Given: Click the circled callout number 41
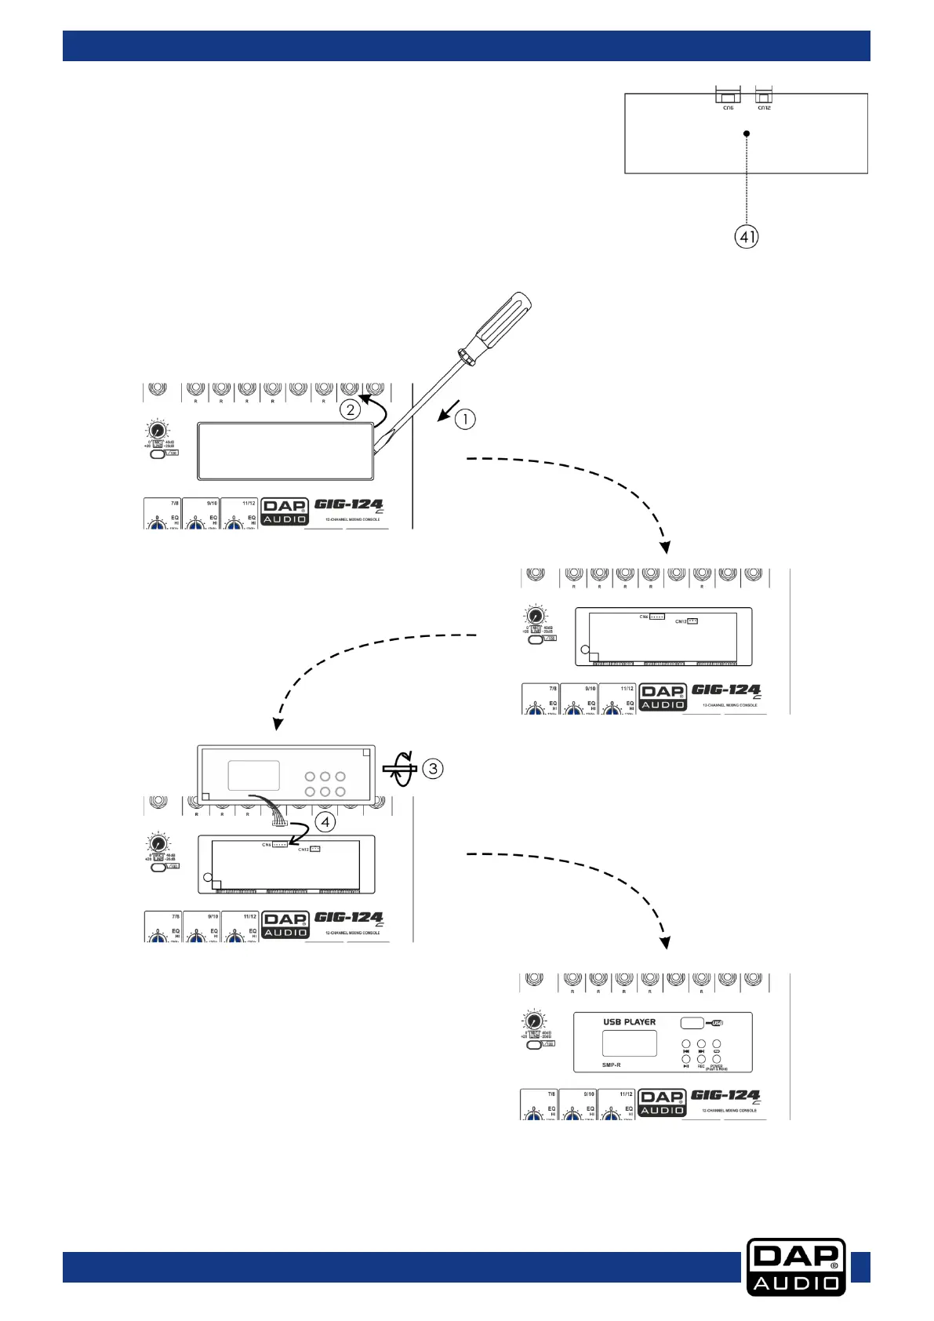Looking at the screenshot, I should (x=747, y=236).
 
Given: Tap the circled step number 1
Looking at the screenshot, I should (x=465, y=419).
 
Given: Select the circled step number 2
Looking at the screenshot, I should (x=350, y=409).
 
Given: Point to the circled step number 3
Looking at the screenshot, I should (x=433, y=768).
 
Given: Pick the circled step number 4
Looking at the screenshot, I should (x=325, y=822).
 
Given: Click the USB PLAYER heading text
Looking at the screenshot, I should (x=629, y=1022).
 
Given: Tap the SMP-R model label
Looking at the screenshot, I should (x=612, y=1064).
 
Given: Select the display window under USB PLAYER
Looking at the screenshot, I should (x=629, y=1043).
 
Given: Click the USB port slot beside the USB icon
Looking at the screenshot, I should (x=692, y=1023).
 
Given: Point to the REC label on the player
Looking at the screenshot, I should (x=701, y=1066).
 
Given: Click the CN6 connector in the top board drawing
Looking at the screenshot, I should (x=728, y=97).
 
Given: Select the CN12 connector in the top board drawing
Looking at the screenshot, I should (x=764, y=96).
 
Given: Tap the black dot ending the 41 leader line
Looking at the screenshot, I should (x=747, y=133).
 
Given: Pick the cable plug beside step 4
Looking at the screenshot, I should (x=279, y=823).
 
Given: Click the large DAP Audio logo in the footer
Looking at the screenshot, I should (x=796, y=1266).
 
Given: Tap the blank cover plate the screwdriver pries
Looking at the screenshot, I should (x=285, y=451).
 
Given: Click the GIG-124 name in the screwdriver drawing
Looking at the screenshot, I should (x=348, y=504).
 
